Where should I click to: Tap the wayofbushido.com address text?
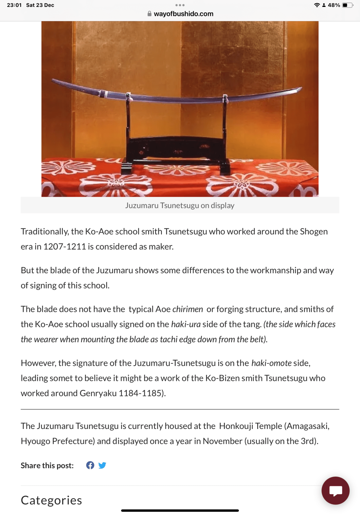pyautogui.click(x=183, y=14)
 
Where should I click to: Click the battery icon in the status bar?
pyautogui.click(x=347, y=5)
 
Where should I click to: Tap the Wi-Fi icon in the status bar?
pyautogui.click(x=317, y=5)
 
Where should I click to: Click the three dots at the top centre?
pyautogui.click(x=180, y=5)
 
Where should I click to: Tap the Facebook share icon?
pyautogui.click(x=90, y=465)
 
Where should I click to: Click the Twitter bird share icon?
pyautogui.click(x=102, y=465)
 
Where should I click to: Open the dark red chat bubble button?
pyautogui.click(x=335, y=490)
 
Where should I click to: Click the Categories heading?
pyautogui.click(x=51, y=500)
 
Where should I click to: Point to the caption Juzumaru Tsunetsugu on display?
pyautogui.click(x=180, y=205)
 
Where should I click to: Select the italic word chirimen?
pyautogui.click(x=188, y=309)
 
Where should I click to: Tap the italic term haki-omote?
pyautogui.click(x=271, y=363)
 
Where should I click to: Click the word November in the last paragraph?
pyautogui.click(x=223, y=441)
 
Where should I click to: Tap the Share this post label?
pyautogui.click(x=47, y=466)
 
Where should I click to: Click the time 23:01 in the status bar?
pyautogui.click(x=14, y=5)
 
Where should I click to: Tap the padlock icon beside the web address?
pyautogui.click(x=149, y=14)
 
